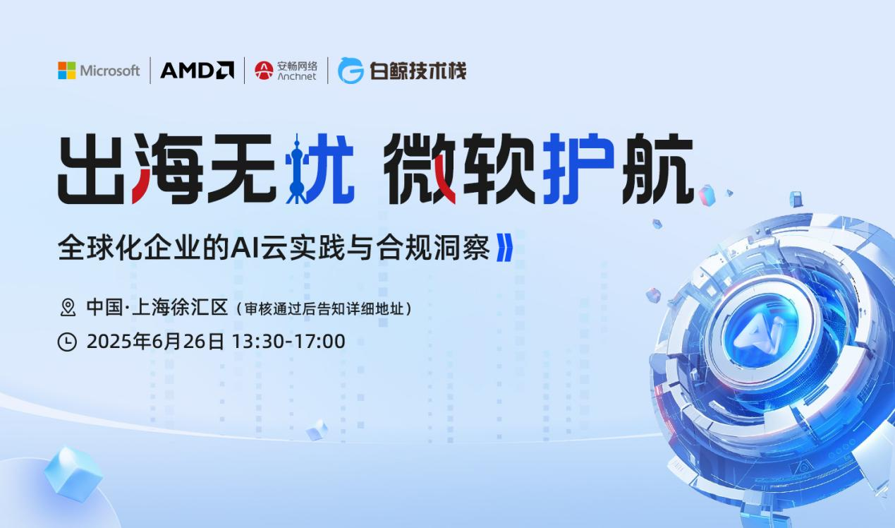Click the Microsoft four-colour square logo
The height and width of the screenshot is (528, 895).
coord(66,71)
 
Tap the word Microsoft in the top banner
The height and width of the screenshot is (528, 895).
coord(109,71)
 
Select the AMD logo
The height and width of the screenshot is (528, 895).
coord(197,71)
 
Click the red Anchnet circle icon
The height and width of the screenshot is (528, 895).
coord(264,71)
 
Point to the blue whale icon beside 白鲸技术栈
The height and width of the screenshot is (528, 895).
coord(351,71)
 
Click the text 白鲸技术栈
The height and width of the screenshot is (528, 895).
coord(418,71)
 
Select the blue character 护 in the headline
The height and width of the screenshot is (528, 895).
coord(578,168)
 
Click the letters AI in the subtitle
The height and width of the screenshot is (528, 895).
coord(252,248)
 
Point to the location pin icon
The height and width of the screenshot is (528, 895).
coord(68,307)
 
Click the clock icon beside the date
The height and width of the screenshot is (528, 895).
coord(67,342)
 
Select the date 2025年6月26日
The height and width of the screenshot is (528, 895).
coord(155,342)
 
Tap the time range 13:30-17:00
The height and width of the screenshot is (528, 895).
coord(288,342)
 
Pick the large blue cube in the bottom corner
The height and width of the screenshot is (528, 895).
coord(73,473)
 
